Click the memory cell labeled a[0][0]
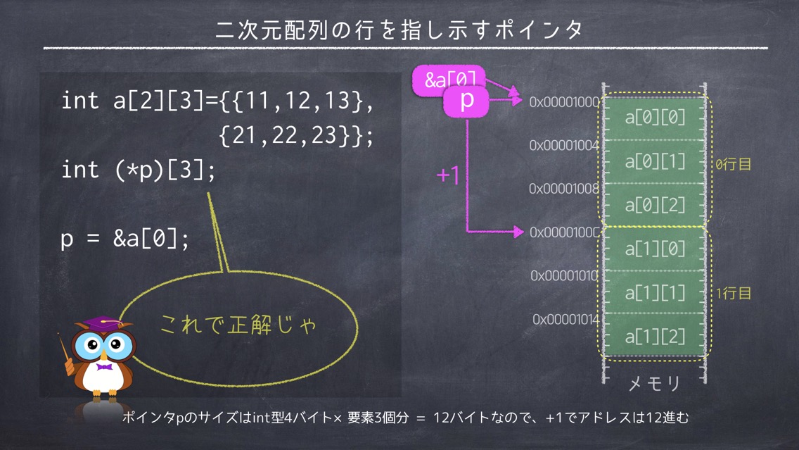tap(654, 118)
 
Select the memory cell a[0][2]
tap(654, 205)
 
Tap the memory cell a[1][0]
tap(654, 249)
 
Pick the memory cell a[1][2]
tap(654, 336)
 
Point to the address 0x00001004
tap(564, 145)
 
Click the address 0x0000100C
tap(564, 232)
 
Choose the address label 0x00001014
tap(565, 320)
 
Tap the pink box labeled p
tap(466, 101)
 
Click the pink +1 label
tap(449, 175)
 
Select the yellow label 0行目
tap(734, 164)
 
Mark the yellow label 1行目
tap(734, 294)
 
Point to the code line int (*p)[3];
tap(139, 170)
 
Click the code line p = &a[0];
tap(125, 238)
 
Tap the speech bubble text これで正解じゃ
tap(238, 324)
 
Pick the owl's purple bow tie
tap(105, 368)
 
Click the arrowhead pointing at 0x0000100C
tap(518, 232)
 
